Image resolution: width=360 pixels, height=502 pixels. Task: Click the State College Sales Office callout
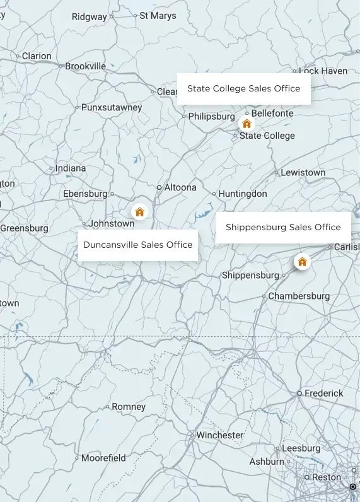pyautogui.click(x=243, y=89)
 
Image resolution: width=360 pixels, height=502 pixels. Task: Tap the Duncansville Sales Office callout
pyautogui.click(x=137, y=245)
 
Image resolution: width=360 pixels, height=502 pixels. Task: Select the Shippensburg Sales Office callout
pyautogui.click(x=283, y=227)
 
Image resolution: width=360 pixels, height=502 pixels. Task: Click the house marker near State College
pyautogui.click(x=247, y=124)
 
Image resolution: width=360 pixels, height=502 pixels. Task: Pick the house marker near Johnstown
pyautogui.click(x=139, y=212)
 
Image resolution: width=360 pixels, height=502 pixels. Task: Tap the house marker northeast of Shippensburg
pyautogui.click(x=302, y=262)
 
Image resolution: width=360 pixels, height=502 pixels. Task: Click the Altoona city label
pyautogui.click(x=180, y=187)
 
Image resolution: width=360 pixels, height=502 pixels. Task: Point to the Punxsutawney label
pyautogui.click(x=112, y=107)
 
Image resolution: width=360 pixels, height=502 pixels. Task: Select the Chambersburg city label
pyautogui.click(x=299, y=296)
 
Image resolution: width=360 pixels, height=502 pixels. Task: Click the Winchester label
pyautogui.click(x=219, y=435)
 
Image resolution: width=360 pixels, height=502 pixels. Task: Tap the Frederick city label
pyautogui.click(x=324, y=393)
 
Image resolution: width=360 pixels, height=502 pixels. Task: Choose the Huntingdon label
pyautogui.click(x=243, y=194)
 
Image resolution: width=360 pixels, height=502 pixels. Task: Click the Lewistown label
pyautogui.click(x=303, y=172)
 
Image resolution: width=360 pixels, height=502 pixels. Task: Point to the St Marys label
pyautogui.click(x=158, y=15)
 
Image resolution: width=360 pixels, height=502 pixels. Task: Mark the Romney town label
pyautogui.click(x=129, y=407)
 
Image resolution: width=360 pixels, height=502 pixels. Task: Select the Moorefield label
pyautogui.click(x=103, y=458)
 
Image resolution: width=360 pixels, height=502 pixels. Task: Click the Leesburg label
pyautogui.click(x=301, y=448)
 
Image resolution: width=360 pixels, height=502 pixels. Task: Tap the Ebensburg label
pyautogui.click(x=85, y=194)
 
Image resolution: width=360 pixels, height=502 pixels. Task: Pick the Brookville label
pyautogui.click(x=86, y=66)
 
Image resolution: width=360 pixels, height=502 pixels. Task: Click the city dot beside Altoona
pyautogui.click(x=159, y=187)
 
